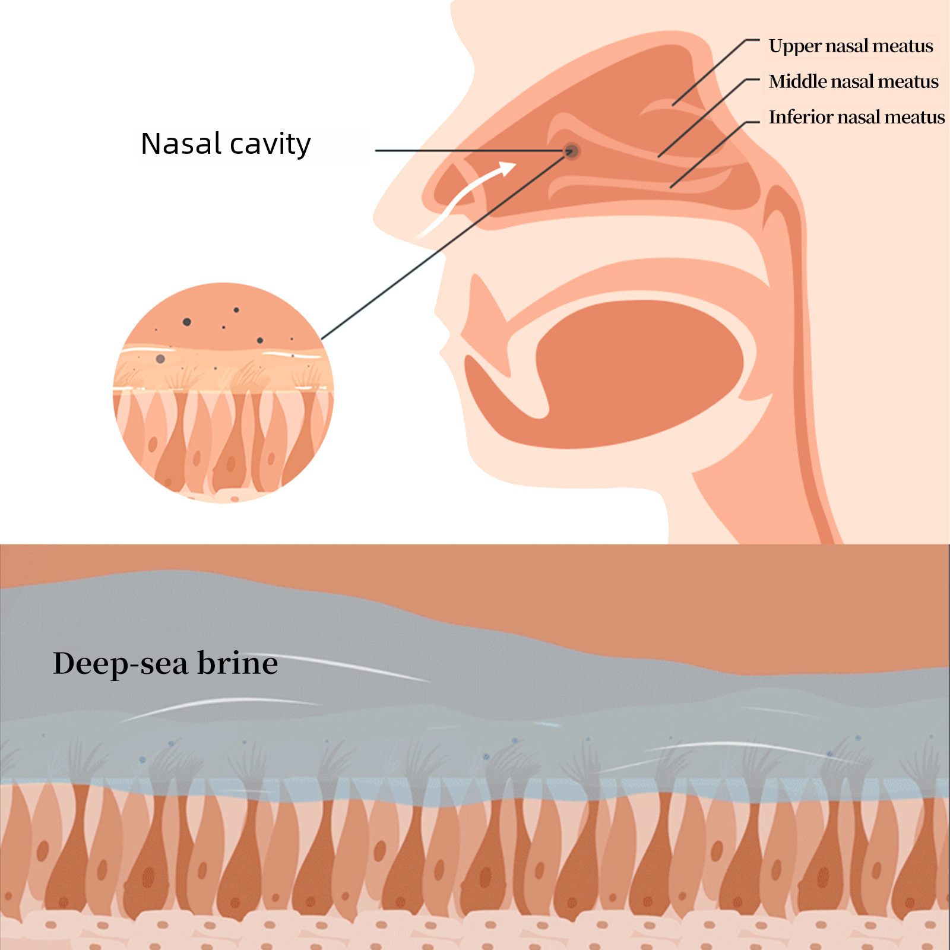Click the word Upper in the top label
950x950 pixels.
[794, 47]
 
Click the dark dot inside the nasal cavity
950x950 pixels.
[571, 151]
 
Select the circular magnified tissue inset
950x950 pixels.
[223, 392]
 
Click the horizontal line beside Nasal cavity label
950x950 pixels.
[469, 151]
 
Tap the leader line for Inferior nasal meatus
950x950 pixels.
[715, 154]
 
